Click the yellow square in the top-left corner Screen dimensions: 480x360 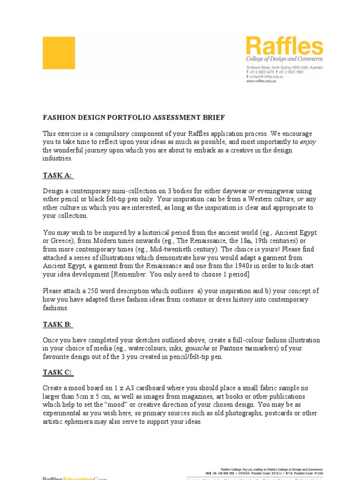[59, 53]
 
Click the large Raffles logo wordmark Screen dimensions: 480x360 [285, 46]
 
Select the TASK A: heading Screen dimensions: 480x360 [58, 175]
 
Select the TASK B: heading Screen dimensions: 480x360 [58, 324]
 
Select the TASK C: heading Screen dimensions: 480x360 [58, 373]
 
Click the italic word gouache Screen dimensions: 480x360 [197, 348]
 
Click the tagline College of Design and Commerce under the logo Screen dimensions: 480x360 [285, 60]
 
